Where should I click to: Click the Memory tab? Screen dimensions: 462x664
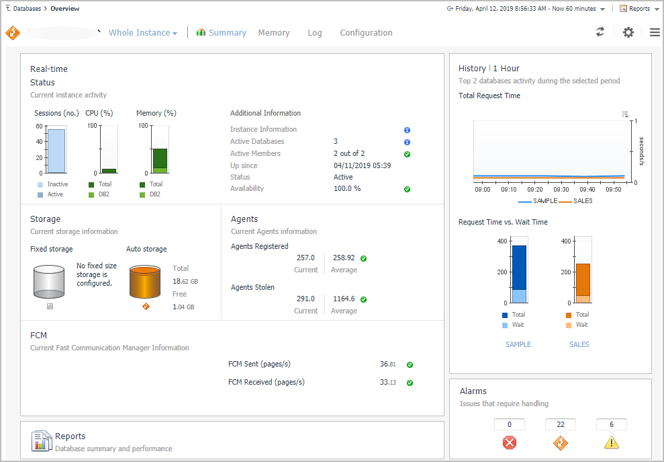(x=274, y=33)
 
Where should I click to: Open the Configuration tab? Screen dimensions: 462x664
(x=366, y=33)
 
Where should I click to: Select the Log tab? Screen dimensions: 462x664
(x=315, y=33)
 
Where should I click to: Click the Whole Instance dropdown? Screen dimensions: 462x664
(x=143, y=33)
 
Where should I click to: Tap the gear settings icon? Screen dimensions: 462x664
(x=628, y=32)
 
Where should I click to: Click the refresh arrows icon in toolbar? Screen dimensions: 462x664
(x=600, y=32)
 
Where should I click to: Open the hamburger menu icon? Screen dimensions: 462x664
(x=655, y=32)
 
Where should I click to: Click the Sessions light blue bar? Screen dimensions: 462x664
(x=56, y=151)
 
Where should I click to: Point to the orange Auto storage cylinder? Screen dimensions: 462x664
(x=145, y=281)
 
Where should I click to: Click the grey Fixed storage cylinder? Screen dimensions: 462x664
(x=49, y=281)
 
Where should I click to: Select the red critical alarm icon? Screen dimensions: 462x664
(x=510, y=442)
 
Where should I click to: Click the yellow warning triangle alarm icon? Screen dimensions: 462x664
(x=611, y=442)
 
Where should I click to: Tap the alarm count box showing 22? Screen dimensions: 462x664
(x=561, y=424)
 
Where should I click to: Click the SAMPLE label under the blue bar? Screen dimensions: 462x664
(x=518, y=344)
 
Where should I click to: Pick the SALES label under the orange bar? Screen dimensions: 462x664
(x=579, y=344)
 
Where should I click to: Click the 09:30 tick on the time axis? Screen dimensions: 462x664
(x=561, y=190)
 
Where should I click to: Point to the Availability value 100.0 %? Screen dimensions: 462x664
(x=347, y=189)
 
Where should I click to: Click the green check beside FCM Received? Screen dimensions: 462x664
(x=410, y=383)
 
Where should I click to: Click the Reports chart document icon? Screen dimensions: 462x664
(x=42, y=441)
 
